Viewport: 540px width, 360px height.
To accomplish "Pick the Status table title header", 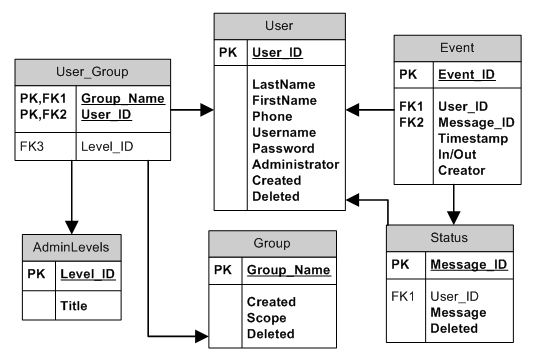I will [x=451, y=238].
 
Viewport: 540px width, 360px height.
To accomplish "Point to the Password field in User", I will [x=285, y=148].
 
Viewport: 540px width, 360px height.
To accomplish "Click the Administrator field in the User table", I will [x=296, y=164].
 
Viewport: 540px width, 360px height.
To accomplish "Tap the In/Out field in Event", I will [x=458, y=155].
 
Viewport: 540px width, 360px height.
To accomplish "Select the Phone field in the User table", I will [x=272, y=116].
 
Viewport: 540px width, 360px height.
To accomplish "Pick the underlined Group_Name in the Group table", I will [x=288, y=270].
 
